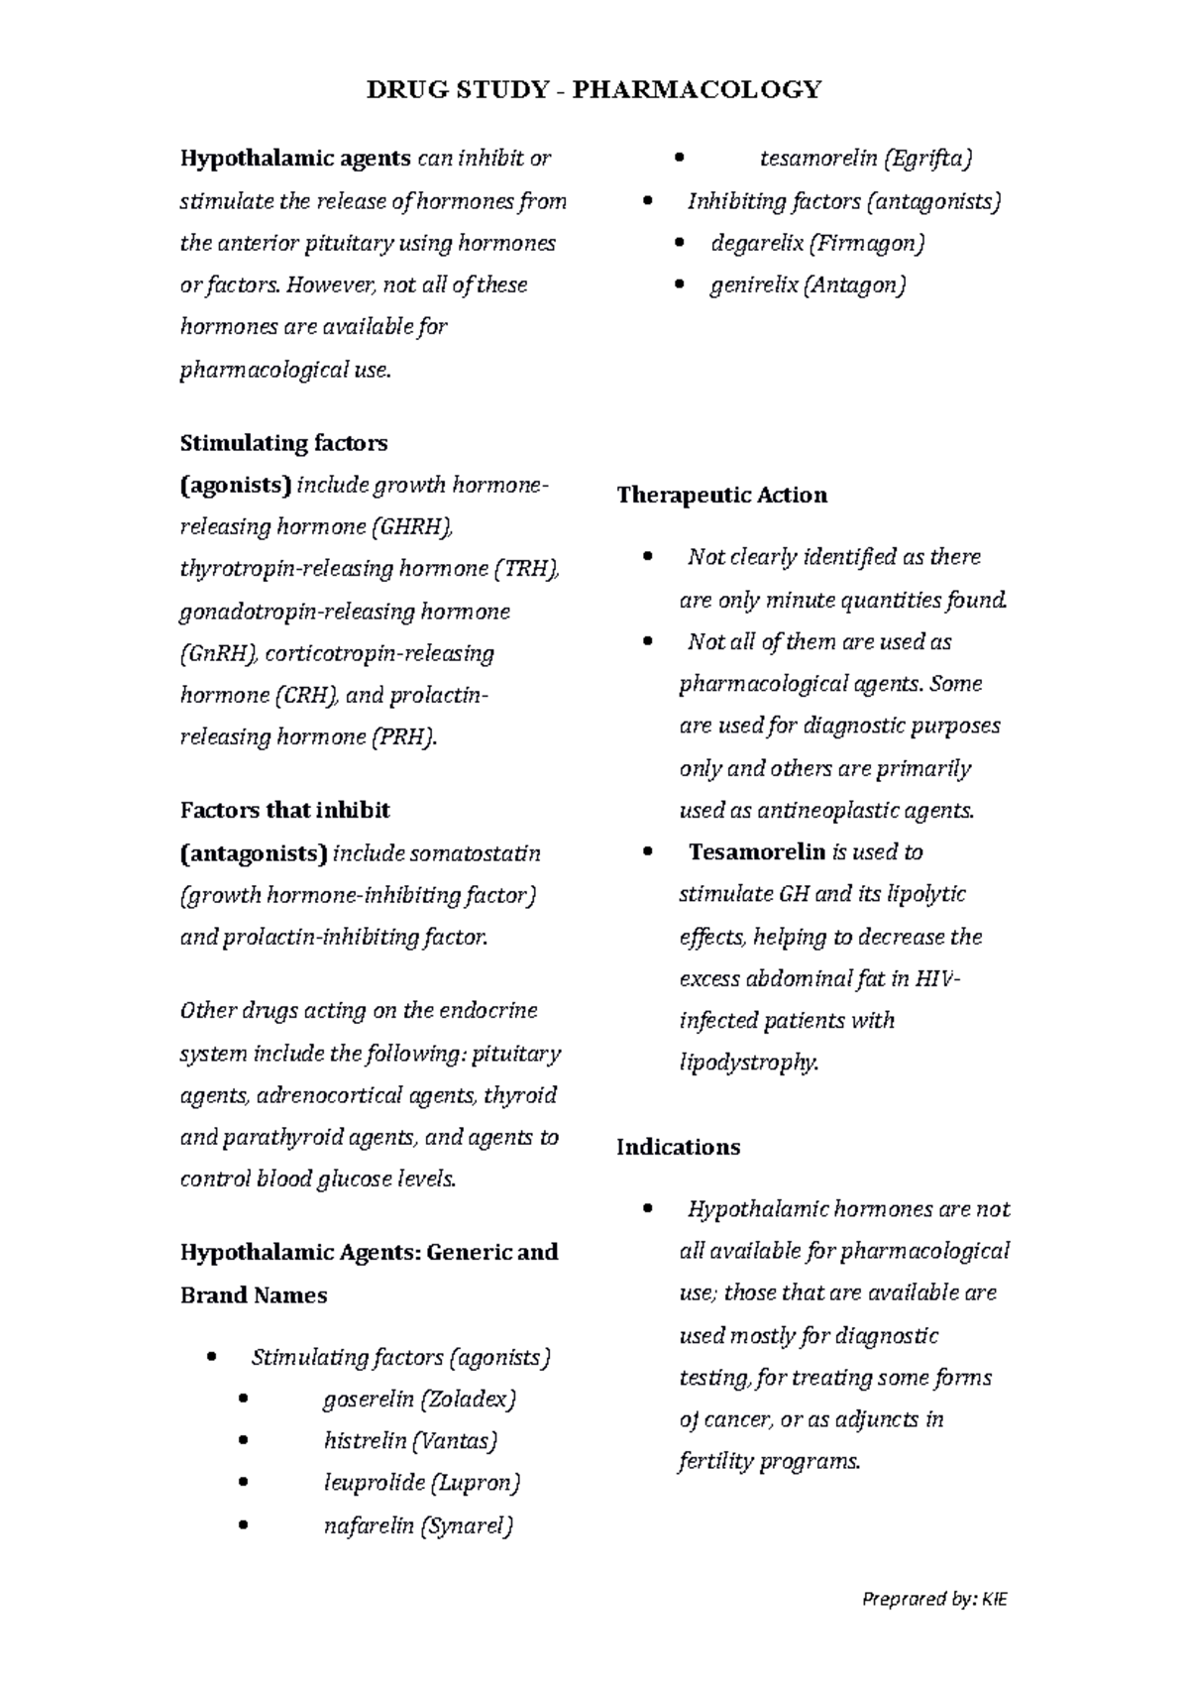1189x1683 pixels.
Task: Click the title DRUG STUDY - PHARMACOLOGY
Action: pyautogui.click(x=594, y=90)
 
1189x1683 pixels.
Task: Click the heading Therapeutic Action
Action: pyautogui.click(x=721, y=495)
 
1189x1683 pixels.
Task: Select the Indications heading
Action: pyautogui.click(x=678, y=1147)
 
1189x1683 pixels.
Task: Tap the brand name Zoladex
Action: pyautogui.click(x=468, y=1400)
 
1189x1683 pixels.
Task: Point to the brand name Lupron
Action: pyautogui.click(x=475, y=1483)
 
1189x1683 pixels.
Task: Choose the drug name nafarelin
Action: pyautogui.click(x=368, y=1525)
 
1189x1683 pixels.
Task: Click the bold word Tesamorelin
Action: pyautogui.click(x=757, y=852)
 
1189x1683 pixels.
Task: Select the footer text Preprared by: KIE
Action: pyautogui.click(x=934, y=1599)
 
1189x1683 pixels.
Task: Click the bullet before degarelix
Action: pyautogui.click(x=679, y=244)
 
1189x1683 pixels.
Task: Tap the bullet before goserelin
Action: pyautogui.click(x=243, y=1401)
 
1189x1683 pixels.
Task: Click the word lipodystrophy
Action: pyautogui.click(x=748, y=1063)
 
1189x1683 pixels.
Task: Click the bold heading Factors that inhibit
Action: pyautogui.click(x=284, y=811)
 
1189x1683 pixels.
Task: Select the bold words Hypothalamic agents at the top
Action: pyautogui.click(x=294, y=159)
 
